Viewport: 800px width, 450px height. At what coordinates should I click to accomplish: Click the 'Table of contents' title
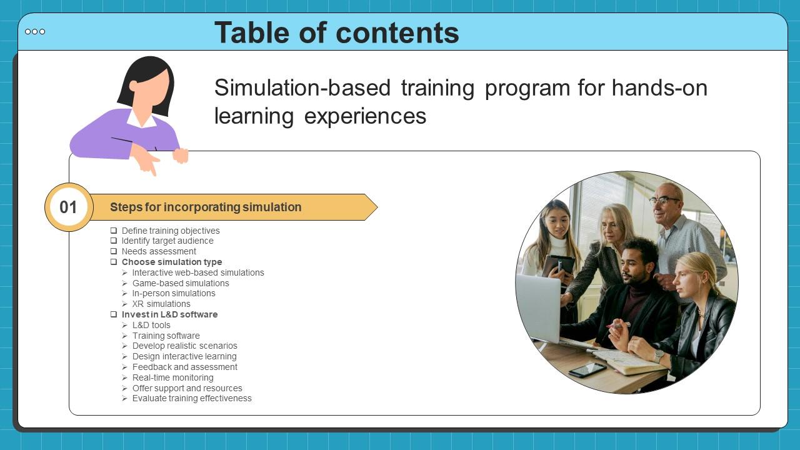pyautogui.click(x=336, y=32)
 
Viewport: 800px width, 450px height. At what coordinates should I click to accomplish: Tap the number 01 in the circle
pyautogui.click(x=68, y=207)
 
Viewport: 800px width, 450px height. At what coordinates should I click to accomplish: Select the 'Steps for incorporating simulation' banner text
pyautogui.click(x=206, y=207)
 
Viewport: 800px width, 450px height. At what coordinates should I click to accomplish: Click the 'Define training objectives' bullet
pyautogui.click(x=171, y=231)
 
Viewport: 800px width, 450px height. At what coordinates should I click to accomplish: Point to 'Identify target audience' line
pyautogui.click(x=167, y=241)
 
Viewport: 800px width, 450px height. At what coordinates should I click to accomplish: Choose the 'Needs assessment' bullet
pyautogui.click(x=159, y=251)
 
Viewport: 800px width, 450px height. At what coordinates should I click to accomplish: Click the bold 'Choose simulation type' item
pyautogui.click(x=172, y=262)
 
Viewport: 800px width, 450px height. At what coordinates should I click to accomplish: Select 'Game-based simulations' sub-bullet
pyautogui.click(x=181, y=283)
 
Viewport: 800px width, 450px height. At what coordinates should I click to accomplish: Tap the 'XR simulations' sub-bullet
pyautogui.click(x=161, y=304)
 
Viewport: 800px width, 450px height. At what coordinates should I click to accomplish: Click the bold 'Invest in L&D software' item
pyautogui.click(x=169, y=314)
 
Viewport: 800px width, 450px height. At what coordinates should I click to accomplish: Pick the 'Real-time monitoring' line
pyautogui.click(x=172, y=377)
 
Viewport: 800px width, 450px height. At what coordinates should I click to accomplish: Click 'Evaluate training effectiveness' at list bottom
pyautogui.click(x=192, y=398)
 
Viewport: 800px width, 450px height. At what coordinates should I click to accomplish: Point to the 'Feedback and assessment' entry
pyautogui.click(x=184, y=367)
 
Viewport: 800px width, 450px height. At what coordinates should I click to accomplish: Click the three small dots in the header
pyautogui.click(x=35, y=32)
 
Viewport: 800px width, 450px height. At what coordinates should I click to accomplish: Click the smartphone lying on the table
pyautogui.click(x=587, y=369)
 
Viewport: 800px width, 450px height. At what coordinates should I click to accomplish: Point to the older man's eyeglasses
pyautogui.click(x=664, y=201)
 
